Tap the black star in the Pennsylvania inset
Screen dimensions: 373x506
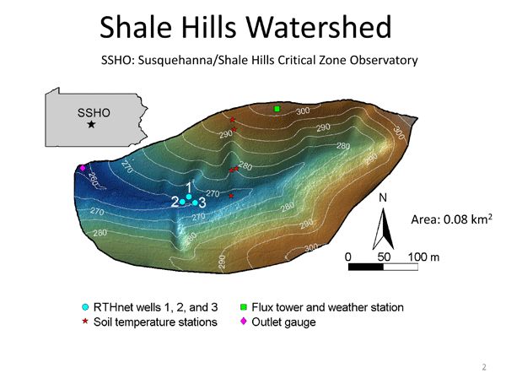[91, 124]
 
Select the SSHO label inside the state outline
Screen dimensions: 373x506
[91, 111]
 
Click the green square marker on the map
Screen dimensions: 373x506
[277, 109]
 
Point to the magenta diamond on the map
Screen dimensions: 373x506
[82, 169]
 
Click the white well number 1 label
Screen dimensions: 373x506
[189, 186]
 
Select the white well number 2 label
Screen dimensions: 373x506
[174, 202]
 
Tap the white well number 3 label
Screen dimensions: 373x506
[202, 202]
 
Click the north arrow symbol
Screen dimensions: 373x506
[383, 226]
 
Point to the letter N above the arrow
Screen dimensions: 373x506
[383, 199]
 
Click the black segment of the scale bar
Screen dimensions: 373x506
[366, 267]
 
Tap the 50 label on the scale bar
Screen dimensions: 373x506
[383, 255]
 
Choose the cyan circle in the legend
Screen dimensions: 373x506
[85, 307]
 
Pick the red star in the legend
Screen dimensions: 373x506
[85, 322]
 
